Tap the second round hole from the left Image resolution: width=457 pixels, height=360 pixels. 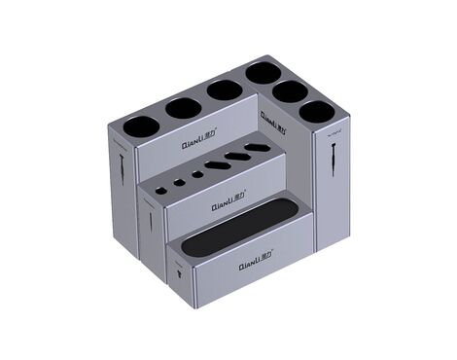[184, 107]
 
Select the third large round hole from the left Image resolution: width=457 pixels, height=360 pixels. [224, 90]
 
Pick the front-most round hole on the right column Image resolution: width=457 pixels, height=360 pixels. [315, 111]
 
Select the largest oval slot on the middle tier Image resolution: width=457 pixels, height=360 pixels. [257, 149]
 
